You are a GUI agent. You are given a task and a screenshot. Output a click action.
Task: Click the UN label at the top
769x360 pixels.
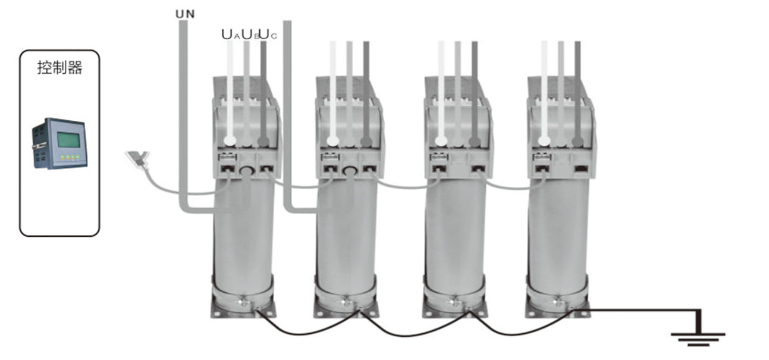pyautogui.click(x=185, y=14)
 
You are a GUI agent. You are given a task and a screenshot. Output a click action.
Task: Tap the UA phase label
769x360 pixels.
pyautogui.click(x=230, y=35)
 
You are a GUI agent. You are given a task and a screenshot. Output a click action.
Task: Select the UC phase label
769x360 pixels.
pyautogui.click(x=268, y=35)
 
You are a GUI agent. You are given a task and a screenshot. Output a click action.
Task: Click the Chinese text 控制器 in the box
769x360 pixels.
pyautogui.click(x=59, y=68)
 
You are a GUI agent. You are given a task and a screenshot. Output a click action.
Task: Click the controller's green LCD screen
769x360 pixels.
pyautogui.click(x=68, y=140)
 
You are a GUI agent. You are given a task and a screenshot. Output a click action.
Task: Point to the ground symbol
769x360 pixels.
pyautogui.click(x=698, y=339)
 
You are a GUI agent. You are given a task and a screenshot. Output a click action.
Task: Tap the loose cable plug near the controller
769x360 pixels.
pyautogui.click(x=137, y=159)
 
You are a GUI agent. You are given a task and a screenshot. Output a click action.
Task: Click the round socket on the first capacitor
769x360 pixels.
pyautogui.click(x=246, y=170)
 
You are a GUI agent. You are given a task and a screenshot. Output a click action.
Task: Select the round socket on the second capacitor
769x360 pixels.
pyautogui.click(x=350, y=170)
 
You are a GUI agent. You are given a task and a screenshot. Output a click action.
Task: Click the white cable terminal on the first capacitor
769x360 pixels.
pyautogui.click(x=230, y=140)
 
